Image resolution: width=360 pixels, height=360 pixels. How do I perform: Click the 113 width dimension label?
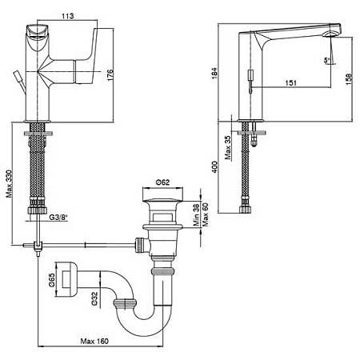click(x=68, y=16)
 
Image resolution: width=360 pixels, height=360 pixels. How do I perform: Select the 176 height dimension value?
click(x=110, y=75)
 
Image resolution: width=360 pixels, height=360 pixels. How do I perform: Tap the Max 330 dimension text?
click(x=10, y=183)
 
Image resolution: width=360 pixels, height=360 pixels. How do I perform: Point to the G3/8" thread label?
click(x=58, y=218)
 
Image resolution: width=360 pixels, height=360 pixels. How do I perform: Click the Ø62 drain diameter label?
click(x=162, y=182)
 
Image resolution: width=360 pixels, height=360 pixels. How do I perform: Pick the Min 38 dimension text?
click(x=196, y=215)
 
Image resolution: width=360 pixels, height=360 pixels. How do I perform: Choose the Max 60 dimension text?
click(x=206, y=214)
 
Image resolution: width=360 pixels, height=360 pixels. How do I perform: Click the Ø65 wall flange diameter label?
click(x=52, y=280)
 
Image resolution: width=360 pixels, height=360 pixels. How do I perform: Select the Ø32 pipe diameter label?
click(x=94, y=298)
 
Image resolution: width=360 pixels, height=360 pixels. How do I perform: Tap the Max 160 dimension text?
click(x=94, y=341)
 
